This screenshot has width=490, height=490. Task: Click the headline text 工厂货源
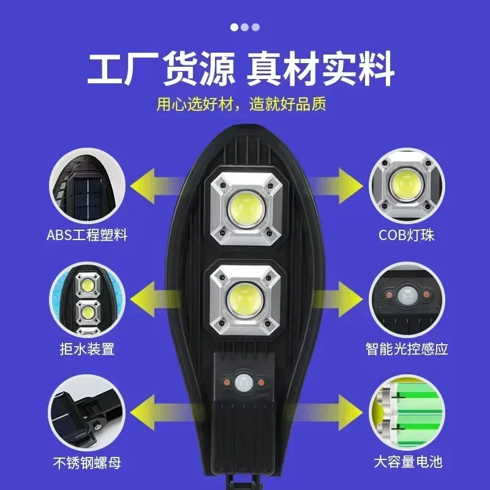pos(160,70)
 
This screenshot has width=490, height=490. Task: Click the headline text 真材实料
pos(320,70)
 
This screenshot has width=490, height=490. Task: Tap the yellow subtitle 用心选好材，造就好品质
pos(241,104)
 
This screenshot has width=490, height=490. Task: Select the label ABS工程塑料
pos(86,235)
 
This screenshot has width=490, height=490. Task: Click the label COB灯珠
pos(407,235)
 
